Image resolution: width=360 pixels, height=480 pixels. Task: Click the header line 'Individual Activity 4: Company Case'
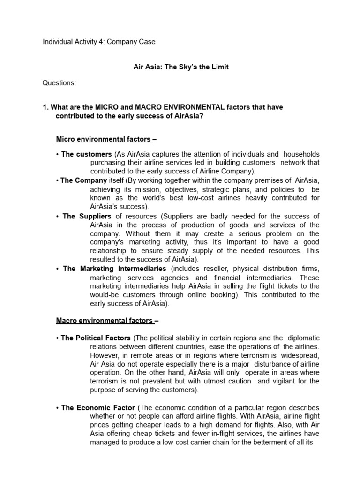(x=99, y=42)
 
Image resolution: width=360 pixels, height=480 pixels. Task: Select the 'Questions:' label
(x=59, y=83)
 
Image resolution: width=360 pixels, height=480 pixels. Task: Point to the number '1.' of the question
(x=45, y=107)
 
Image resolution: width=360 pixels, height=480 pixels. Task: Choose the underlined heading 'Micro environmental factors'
(x=103, y=139)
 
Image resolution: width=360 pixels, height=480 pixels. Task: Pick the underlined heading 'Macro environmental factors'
(x=104, y=321)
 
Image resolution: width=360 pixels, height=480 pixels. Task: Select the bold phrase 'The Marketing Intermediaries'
(x=114, y=269)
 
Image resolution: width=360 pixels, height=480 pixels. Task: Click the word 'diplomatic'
(x=302, y=338)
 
